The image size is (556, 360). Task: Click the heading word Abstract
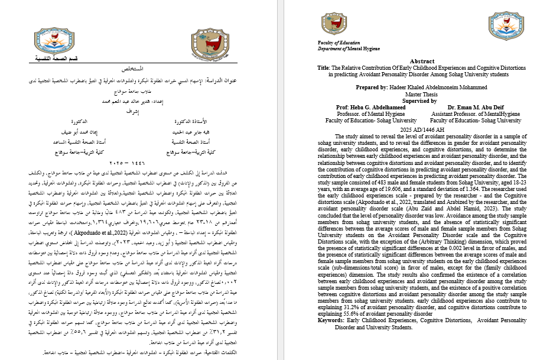tap(421, 61)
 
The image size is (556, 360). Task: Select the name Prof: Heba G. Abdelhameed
tap(362, 107)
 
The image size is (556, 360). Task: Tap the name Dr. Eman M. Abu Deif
tap(475, 107)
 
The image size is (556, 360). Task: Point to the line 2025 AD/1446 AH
tap(421, 129)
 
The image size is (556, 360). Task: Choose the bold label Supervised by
tap(421, 100)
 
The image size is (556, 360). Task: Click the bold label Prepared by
tap(376, 87)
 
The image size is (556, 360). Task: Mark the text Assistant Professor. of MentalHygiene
tap(475, 113)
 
